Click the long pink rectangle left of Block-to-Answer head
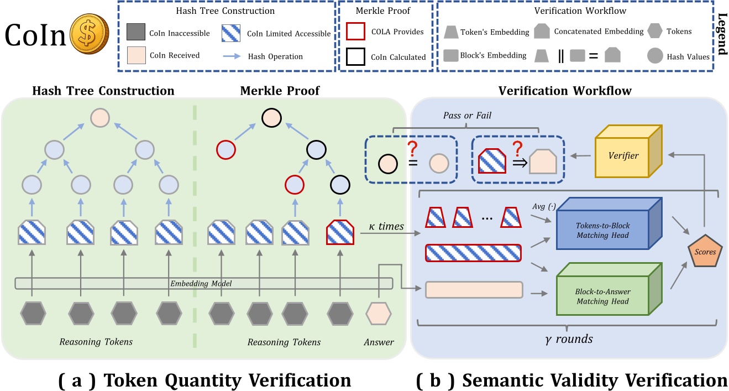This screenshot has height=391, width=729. click(474, 289)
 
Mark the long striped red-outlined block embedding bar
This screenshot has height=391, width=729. click(474, 253)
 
